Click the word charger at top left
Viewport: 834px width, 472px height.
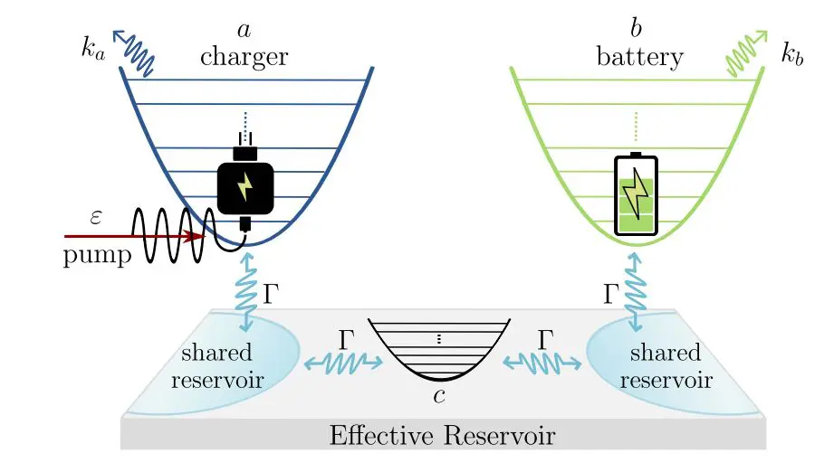coord(244,57)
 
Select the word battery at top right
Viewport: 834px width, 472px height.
coord(639,57)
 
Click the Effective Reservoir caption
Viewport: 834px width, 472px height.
coord(442,437)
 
